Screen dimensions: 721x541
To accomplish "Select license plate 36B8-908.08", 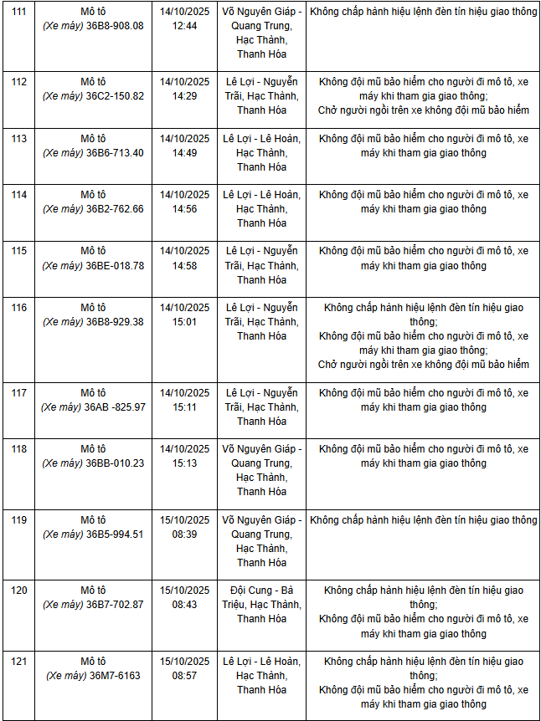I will [115, 26].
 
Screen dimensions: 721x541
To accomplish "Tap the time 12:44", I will [184, 26].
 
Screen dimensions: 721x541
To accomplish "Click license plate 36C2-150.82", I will [115, 96].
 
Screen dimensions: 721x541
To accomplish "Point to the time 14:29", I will [184, 96].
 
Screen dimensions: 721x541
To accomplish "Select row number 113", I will [19, 139].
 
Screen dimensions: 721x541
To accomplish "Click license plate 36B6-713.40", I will [115, 153].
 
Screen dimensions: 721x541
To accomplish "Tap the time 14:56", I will [184, 209].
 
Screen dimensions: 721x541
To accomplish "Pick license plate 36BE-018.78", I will [115, 265].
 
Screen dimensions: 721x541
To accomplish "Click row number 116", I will [19, 308].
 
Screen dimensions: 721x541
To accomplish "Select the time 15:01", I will [184, 322].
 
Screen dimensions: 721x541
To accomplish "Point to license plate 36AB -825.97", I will [115, 407].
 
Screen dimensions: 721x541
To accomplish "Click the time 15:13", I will [184, 463].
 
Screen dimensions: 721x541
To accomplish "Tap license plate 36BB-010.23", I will [115, 463].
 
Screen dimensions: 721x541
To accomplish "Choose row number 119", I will [19, 520].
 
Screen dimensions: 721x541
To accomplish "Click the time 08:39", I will [184, 534].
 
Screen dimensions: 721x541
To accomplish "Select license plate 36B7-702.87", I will [115, 605].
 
